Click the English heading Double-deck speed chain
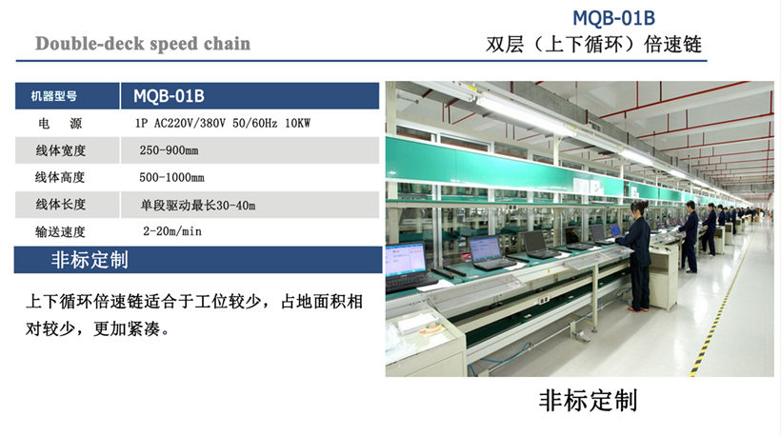pos(143,44)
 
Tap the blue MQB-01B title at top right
pos(613,18)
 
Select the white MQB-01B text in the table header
pos(169,96)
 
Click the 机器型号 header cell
pos(53,96)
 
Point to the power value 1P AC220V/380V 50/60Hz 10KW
pos(223,123)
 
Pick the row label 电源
pos(60,123)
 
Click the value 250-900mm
pos(169,150)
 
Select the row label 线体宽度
pos(60,150)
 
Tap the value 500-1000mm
pos(171,177)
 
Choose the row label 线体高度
pos(60,177)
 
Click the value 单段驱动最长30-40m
pos(198,205)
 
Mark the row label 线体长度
pos(60,204)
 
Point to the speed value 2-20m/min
pos(172,231)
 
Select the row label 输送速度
pos(60,231)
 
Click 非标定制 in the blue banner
pos(90,260)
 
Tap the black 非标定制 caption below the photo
pos(588,401)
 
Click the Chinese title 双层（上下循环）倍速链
pos(593,45)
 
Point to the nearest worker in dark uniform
pos(636,256)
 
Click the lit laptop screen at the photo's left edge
pos(405,259)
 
